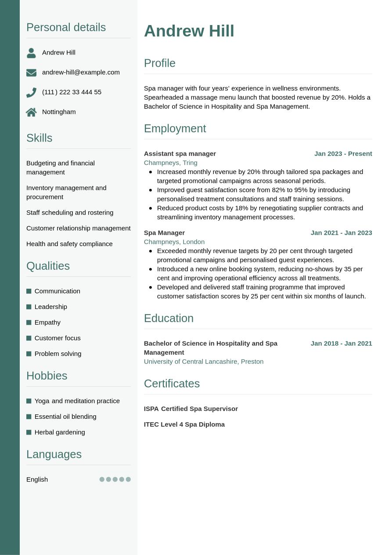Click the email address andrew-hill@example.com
coord(81,72)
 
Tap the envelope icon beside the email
coord(31,73)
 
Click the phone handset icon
coord(31,92)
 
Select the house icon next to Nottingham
coord(31,112)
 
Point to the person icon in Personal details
coord(31,53)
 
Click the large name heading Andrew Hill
coord(189,31)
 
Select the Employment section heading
coord(175,128)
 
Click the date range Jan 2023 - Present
coord(343,153)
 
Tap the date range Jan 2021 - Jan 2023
coord(341,232)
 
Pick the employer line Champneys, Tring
coord(170,163)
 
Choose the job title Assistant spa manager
coord(180,153)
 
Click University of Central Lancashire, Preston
coord(203,361)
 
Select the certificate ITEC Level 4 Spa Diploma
coord(184,424)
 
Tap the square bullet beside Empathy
coord(29,323)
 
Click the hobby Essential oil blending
coord(65,416)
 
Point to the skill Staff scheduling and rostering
coord(70,212)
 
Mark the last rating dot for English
coord(128,479)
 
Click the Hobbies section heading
coord(47,376)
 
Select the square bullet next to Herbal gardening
coord(29,432)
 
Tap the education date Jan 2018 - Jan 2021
coord(341,343)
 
